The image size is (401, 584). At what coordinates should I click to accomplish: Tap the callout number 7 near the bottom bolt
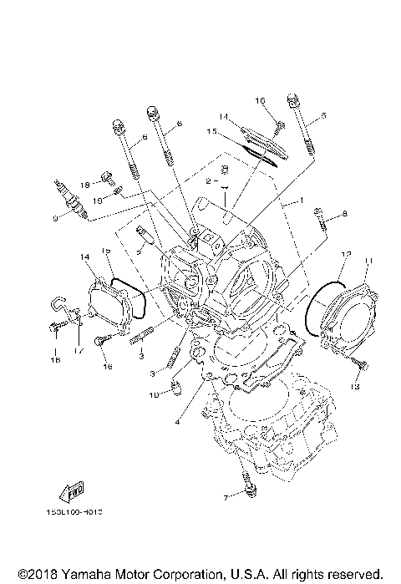coord(225,498)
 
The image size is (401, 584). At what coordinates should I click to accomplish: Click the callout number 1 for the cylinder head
coord(292,202)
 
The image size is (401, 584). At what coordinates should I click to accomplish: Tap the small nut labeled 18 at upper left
coord(107,176)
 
